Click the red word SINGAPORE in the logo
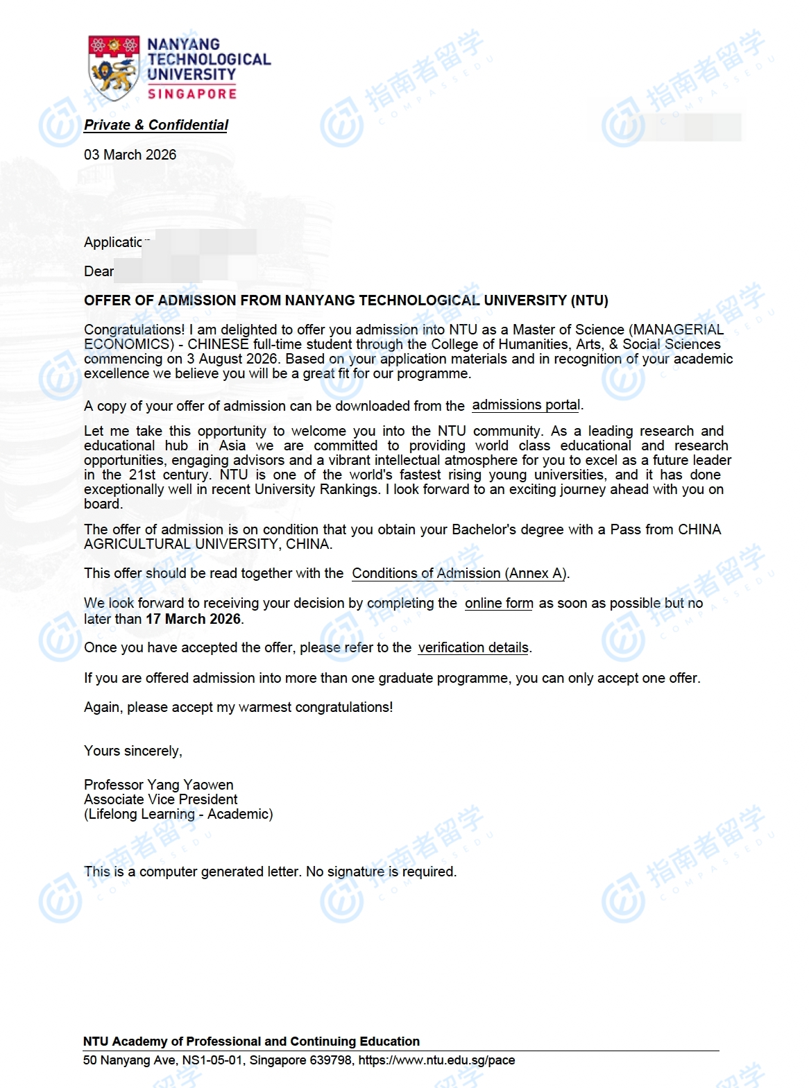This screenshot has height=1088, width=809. (192, 94)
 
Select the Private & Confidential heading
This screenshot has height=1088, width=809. (156, 125)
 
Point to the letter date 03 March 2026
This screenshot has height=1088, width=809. (130, 155)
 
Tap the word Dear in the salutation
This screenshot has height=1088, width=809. (99, 271)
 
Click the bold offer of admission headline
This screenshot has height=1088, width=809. (346, 300)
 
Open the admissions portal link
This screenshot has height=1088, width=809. (526, 405)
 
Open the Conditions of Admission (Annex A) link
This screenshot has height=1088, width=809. (459, 573)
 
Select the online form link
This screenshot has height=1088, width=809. (499, 603)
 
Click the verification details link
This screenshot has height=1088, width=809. (473, 647)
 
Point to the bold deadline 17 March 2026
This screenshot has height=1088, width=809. (193, 619)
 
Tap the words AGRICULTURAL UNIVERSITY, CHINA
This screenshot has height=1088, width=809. (207, 544)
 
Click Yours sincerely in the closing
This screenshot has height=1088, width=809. (133, 751)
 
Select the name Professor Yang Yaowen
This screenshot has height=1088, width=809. (158, 785)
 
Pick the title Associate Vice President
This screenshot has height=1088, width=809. (160, 799)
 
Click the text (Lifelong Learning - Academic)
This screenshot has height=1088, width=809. (178, 814)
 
